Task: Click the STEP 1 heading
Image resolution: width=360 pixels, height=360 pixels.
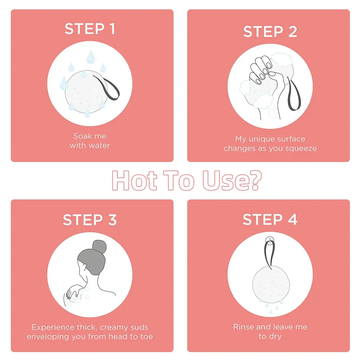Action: point(90,29)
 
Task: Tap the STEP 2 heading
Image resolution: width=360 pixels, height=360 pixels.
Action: point(270,31)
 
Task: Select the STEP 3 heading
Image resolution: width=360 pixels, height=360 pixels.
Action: point(90,220)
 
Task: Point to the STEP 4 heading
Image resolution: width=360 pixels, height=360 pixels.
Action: point(270,219)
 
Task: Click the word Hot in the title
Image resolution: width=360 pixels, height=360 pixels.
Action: point(135,181)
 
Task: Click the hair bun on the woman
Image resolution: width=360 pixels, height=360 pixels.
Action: point(99,247)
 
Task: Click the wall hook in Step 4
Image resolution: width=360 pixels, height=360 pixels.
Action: point(269,240)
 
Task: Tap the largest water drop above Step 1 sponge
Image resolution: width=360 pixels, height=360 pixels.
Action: point(91,57)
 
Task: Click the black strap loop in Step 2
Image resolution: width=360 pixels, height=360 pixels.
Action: point(294,94)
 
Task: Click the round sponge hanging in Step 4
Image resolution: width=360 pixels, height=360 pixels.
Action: point(271,284)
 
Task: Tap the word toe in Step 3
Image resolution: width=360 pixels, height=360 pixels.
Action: point(147,337)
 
